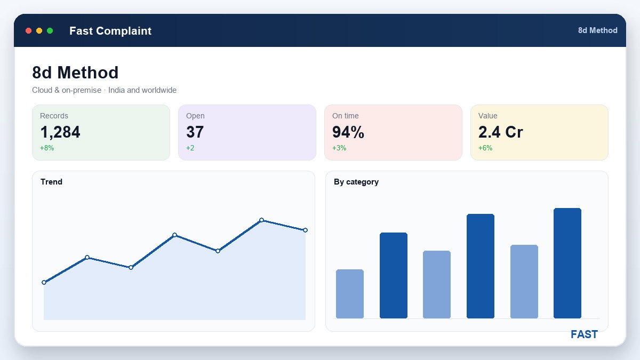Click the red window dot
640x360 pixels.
[x=29, y=30]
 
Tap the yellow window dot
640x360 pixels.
[x=39, y=30]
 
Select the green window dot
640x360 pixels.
[x=50, y=30]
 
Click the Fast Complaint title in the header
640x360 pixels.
[x=110, y=31]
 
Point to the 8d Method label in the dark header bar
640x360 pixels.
[x=598, y=30]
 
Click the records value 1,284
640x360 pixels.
[x=60, y=132]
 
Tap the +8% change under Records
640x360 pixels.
[x=47, y=148]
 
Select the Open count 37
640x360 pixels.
[x=195, y=132]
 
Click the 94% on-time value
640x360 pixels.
[x=348, y=132]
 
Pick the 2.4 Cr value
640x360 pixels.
[x=501, y=132]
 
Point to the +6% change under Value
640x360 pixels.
[x=485, y=148]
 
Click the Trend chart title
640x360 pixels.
[x=51, y=182]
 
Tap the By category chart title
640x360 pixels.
[x=356, y=182]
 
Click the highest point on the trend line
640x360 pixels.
[x=261, y=220]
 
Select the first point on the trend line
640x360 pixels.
[x=44, y=282]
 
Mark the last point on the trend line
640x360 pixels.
[x=305, y=230]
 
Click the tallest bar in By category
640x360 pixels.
[x=567, y=263]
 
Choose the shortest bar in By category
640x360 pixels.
[x=350, y=294]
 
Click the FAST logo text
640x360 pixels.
[x=584, y=334]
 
